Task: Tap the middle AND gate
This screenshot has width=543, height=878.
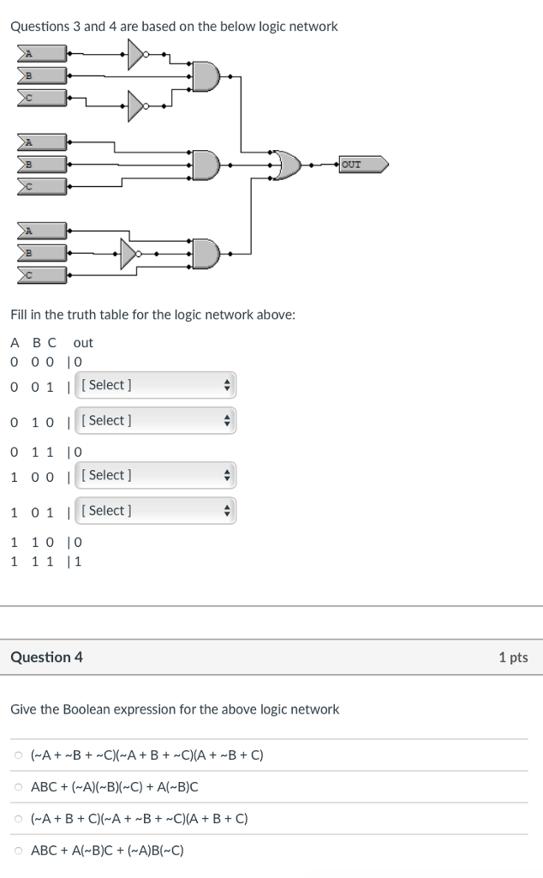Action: point(206,164)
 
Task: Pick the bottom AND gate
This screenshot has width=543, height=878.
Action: point(206,253)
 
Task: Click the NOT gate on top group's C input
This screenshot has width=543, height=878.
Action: point(137,106)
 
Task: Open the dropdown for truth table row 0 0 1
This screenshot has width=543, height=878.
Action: point(155,385)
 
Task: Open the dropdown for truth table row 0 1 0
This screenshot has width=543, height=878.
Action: point(155,420)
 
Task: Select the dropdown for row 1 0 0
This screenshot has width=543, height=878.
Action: point(155,475)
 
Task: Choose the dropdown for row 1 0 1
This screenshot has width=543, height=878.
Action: point(155,510)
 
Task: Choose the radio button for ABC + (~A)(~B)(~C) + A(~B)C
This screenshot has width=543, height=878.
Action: point(19,787)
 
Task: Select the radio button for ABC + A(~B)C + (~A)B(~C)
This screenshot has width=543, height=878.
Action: point(19,851)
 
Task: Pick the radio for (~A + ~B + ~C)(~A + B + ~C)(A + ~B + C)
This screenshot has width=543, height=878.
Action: point(19,755)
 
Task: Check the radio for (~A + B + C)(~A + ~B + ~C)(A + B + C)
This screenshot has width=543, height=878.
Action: point(19,819)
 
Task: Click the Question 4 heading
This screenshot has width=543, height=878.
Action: point(47,658)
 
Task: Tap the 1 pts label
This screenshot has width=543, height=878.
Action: point(513,658)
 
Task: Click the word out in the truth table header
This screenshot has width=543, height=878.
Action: point(83,343)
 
